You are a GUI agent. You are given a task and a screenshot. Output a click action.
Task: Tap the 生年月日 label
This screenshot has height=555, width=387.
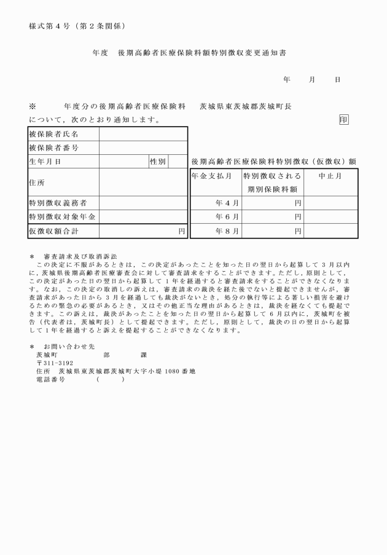tap(46, 162)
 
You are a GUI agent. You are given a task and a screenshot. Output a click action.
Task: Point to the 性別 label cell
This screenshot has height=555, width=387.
tap(158, 162)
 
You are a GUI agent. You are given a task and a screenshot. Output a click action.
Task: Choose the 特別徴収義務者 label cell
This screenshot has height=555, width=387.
tap(58, 203)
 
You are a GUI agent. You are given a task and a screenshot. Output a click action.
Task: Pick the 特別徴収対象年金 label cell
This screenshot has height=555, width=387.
tap(62, 217)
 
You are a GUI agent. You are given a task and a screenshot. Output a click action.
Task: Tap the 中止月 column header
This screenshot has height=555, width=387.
tap(330, 176)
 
